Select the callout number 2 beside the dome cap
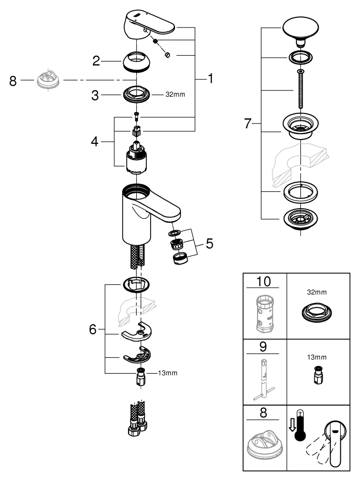pos(96,61)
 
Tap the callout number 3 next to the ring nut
pos(96,95)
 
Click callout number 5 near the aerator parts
pos(208,243)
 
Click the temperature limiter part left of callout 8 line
pos(48,80)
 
